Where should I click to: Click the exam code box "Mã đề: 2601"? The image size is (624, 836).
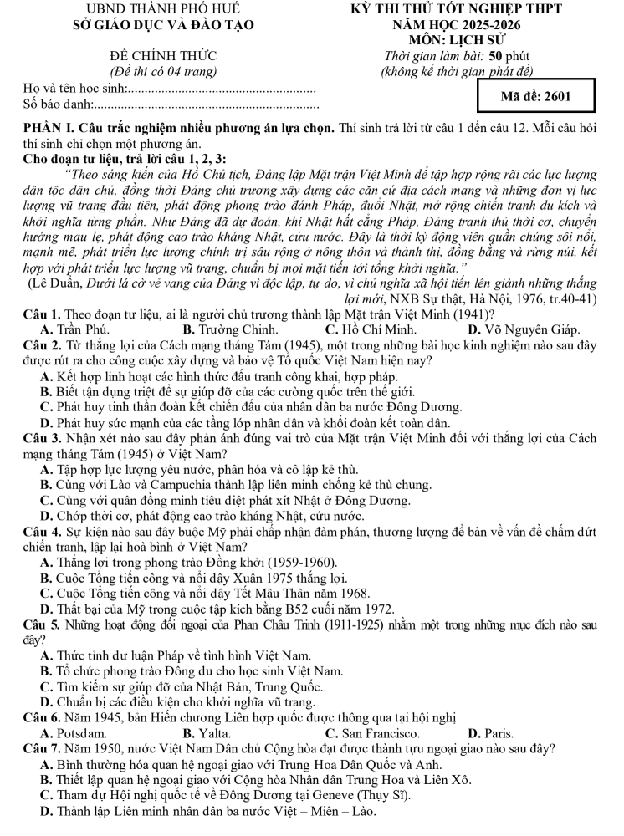(x=536, y=96)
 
